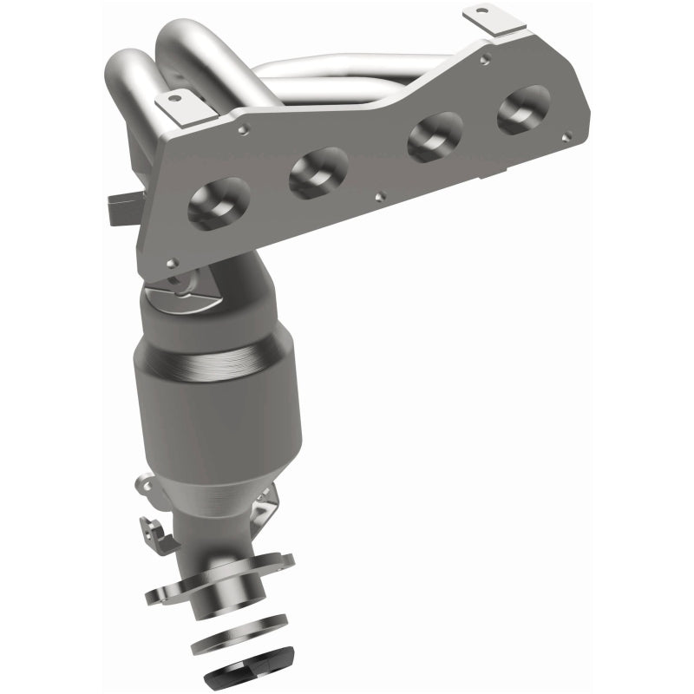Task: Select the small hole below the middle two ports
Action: pyautogui.click(x=379, y=196)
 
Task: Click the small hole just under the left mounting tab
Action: pyautogui.click(x=244, y=131)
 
